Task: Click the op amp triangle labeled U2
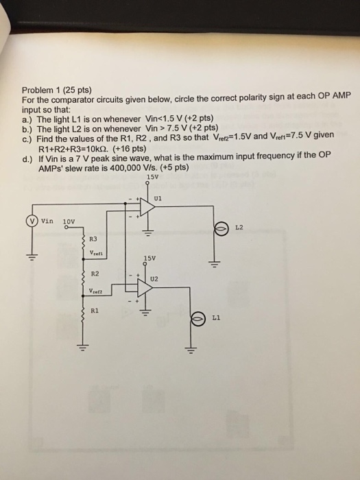click(x=145, y=288)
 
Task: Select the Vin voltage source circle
click(x=32, y=220)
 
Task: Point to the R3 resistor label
click(x=93, y=239)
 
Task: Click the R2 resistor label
click(x=95, y=274)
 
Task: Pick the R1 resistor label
click(x=95, y=311)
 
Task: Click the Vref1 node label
click(x=97, y=253)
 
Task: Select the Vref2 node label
click(x=96, y=291)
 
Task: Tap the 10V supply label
click(x=69, y=221)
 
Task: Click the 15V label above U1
click(x=152, y=177)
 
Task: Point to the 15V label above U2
click(x=149, y=258)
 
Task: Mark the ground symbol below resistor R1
click(x=82, y=348)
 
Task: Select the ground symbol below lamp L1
click(x=191, y=350)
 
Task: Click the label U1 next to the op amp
click(x=158, y=198)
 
